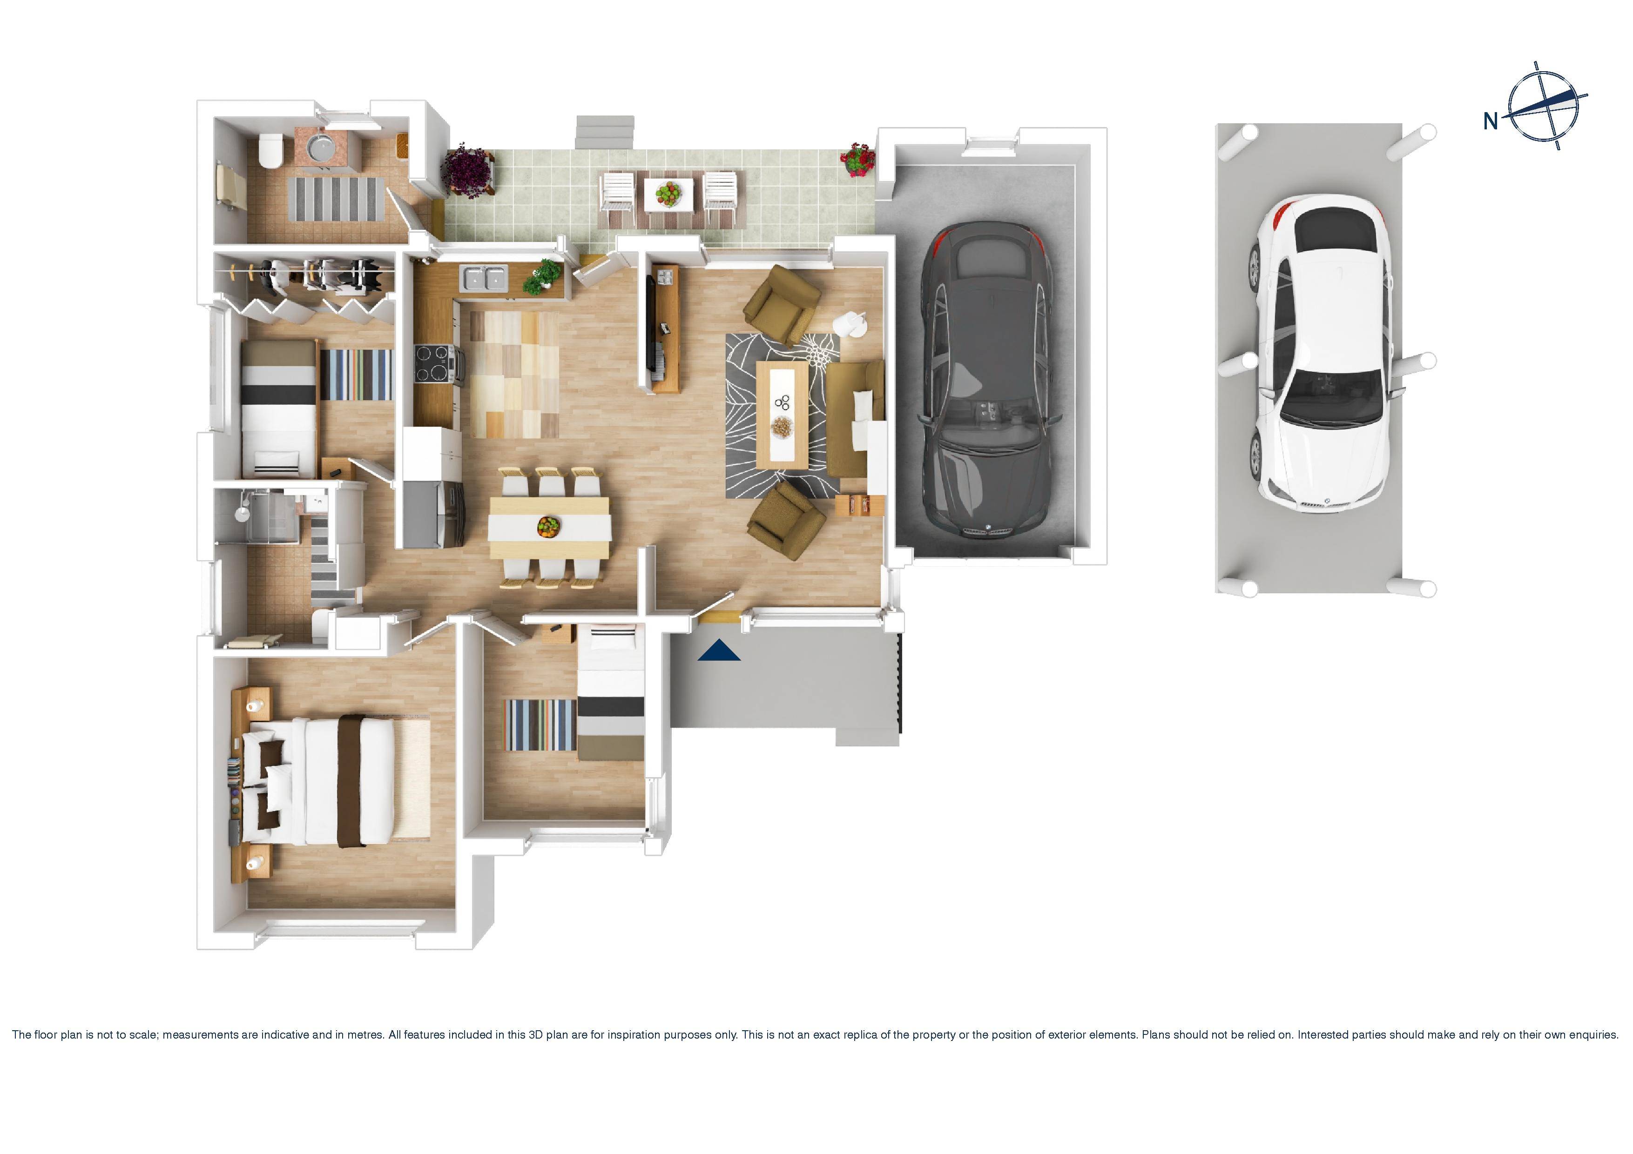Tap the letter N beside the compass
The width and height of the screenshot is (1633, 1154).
pos(1490,121)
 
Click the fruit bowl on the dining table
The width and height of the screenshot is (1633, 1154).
pos(548,526)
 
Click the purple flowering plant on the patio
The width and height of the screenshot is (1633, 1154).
pos(467,168)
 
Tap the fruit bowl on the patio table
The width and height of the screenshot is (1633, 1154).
pos(668,193)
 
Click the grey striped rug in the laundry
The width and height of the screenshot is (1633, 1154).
pos(336,198)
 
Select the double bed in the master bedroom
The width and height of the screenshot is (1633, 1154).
pos(334,782)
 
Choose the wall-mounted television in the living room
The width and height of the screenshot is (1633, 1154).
pos(650,323)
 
